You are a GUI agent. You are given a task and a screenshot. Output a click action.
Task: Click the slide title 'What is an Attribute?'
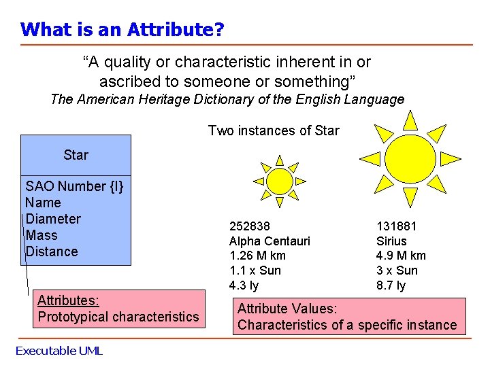click(122, 30)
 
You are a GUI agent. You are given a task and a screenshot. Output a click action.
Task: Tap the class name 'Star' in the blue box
click(76, 155)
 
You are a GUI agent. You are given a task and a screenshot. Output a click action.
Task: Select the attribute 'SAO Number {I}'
click(74, 186)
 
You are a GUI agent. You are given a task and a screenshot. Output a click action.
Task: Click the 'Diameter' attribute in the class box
click(53, 219)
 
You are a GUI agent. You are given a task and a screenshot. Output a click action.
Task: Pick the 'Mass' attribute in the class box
click(42, 235)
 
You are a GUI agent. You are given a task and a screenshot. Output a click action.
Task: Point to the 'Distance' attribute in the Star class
click(52, 251)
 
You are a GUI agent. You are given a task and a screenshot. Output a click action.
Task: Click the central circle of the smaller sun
click(279, 181)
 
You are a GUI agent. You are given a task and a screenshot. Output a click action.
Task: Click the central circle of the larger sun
click(410, 158)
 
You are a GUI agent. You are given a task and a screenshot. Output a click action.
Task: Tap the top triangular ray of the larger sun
click(410, 120)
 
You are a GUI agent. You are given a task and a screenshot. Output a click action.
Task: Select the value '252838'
click(249, 226)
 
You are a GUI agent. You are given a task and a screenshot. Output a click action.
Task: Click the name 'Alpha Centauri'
click(269, 241)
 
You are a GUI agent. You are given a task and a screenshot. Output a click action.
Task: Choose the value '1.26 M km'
click(257, 256)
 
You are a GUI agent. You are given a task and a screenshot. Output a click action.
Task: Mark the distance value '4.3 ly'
click(244, 285)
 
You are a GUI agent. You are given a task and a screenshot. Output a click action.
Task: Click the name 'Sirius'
click(391, 241)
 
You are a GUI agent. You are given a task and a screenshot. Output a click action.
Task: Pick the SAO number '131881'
click(396, 226)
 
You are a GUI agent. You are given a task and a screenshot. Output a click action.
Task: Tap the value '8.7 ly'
click(391, 285)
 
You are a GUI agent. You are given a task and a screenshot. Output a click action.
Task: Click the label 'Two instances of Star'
click(273, 130)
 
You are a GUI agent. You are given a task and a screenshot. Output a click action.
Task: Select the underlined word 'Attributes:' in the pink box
click(68, 300)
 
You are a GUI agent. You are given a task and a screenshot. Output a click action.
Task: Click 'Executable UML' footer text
click(59, 351)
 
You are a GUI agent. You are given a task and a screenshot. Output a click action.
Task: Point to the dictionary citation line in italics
click(227, 99)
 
